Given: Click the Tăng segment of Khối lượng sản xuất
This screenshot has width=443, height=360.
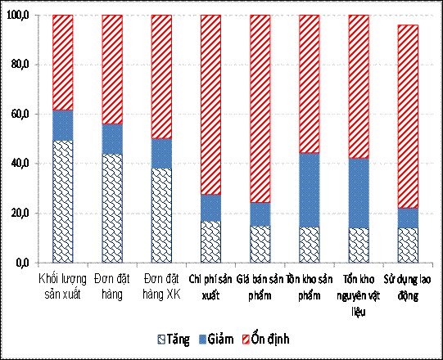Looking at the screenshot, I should pos(62,201).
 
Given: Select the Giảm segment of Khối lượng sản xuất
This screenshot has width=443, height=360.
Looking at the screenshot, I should pos(62,125).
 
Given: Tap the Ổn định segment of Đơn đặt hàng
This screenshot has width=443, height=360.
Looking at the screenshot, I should pos(112,70).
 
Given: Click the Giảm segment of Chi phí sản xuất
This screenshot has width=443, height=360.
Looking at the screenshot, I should pos(210,208).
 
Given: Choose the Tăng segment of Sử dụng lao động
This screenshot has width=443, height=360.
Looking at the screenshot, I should pos(408,245).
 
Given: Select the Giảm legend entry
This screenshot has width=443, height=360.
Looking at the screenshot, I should pos(222,338).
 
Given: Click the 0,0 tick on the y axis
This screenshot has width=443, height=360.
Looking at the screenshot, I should pos(20,263).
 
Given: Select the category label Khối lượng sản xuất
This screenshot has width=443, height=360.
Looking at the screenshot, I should pos(62,286).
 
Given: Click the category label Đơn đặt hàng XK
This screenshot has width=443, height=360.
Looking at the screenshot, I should pos(161,286).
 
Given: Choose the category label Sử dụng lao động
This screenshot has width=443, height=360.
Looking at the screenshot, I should pos(408,286).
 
